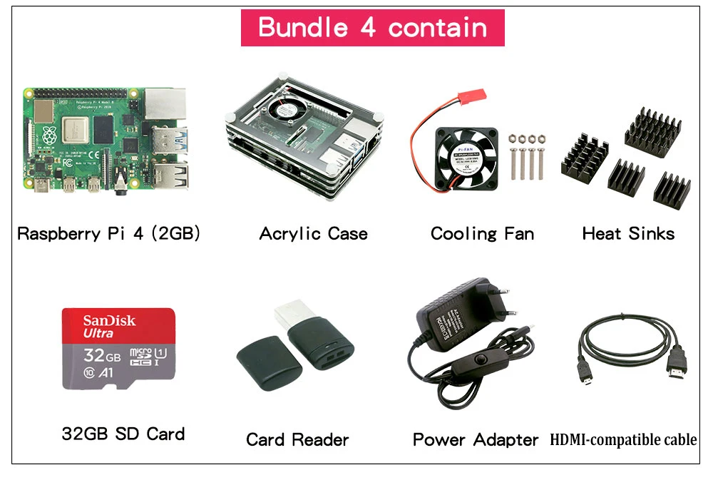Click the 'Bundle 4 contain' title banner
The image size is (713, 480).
(372, 28)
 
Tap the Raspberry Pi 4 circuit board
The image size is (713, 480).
(106, 139)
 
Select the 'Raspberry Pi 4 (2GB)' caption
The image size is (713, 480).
(108, 233)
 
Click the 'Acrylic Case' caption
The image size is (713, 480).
(313, 233)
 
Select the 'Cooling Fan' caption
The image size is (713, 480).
(482, 233)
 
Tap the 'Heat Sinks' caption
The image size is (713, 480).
(628, 233)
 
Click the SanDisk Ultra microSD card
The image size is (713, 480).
(118, 349)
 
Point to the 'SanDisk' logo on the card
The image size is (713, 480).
(109, 320)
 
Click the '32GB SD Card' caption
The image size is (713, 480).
(123, 434)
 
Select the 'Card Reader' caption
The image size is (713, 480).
(297, 439)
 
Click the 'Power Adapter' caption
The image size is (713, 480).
(476, 439)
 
